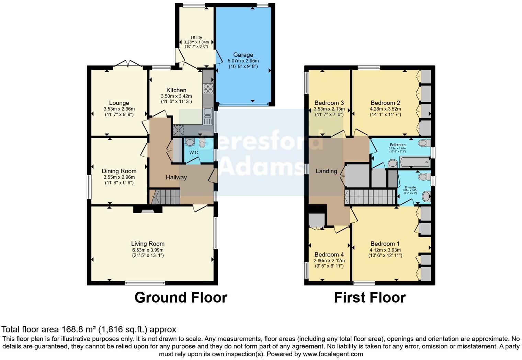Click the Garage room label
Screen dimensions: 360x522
243,55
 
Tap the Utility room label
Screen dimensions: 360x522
196,37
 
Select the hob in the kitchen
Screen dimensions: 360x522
208,89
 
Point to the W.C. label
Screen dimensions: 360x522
194,153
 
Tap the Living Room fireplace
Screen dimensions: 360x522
148,209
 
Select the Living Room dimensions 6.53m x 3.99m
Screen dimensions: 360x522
148,250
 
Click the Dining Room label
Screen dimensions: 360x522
119,171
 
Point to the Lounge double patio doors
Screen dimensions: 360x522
128,64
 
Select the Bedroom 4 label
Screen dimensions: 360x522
329,255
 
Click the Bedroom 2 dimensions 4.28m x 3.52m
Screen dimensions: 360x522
385,109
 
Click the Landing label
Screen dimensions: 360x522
326,171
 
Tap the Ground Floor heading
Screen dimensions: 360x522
181,297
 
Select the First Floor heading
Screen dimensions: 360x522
370,297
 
